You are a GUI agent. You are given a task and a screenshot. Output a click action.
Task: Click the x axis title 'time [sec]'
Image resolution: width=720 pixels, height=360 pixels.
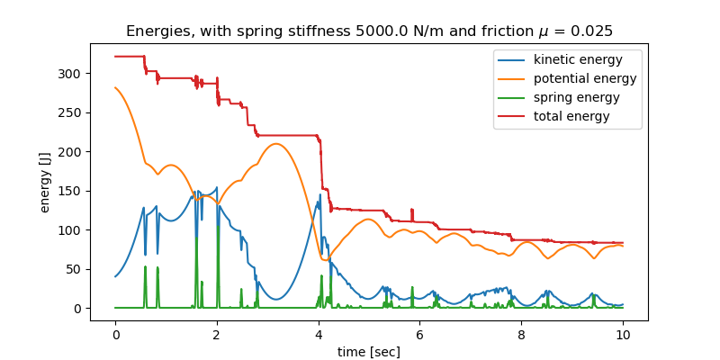(x=369, y=352)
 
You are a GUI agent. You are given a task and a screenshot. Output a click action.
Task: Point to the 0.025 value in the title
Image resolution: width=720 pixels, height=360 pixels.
(x=590, y=31)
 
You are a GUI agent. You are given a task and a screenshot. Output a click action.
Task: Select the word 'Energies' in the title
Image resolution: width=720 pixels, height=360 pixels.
(x=156, y=31)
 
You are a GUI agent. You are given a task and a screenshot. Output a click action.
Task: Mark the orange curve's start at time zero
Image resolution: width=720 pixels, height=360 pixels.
(x=115, y=87)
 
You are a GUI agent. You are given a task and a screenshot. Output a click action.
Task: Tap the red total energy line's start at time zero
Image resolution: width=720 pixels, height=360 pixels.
(x=115, y=57)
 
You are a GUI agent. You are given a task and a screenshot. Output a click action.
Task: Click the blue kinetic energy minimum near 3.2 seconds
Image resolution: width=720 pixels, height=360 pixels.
(x=278, y=300)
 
